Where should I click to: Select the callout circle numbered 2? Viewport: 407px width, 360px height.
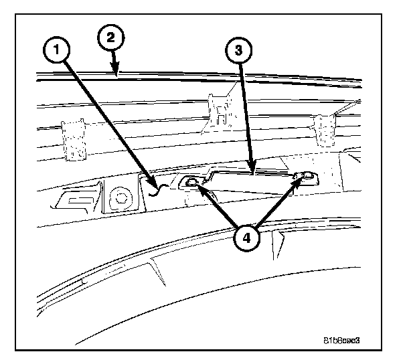point(110,37)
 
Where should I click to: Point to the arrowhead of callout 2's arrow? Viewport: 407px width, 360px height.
point(118,76)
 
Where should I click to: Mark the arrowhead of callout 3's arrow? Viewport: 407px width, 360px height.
point(250,171)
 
